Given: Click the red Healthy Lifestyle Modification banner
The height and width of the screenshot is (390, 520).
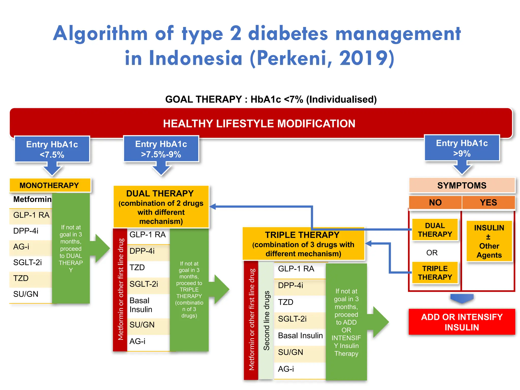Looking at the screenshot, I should pos(259,123).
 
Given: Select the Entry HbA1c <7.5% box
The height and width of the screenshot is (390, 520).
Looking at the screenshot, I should pos(52,149).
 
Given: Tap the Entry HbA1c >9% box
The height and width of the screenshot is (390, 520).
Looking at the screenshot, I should pos(462,148).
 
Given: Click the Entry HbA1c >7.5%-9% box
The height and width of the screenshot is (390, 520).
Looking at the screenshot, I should pos(161,149).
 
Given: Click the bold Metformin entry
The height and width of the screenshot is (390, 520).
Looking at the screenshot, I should pos(32,199).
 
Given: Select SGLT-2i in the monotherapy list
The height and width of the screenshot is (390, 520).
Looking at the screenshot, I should pos(27,262).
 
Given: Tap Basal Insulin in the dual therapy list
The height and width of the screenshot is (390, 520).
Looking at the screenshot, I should pos(141,305).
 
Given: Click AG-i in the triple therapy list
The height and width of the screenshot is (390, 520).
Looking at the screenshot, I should pos(286,369).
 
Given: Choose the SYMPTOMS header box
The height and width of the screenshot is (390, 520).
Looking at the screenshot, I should pos(462,185).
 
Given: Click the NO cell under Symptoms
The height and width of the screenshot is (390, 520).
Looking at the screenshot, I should pos(435,202).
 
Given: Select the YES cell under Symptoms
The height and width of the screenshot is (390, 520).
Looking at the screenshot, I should pos(488,202).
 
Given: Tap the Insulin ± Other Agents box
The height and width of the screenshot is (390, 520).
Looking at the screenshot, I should pos(489,241).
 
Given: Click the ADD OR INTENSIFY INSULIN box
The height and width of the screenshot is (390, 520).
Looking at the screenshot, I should pos(462,322).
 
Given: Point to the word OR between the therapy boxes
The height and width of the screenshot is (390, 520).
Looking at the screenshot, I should pos(432,253).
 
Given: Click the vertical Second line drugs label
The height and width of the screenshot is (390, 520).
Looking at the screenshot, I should pos(266,320).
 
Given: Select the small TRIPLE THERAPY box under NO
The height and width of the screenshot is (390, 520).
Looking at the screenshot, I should pos(435,273).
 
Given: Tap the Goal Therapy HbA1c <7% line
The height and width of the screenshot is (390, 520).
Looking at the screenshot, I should pos(271,99).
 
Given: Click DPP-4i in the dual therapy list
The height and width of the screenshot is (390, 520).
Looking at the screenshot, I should pos(142,251).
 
